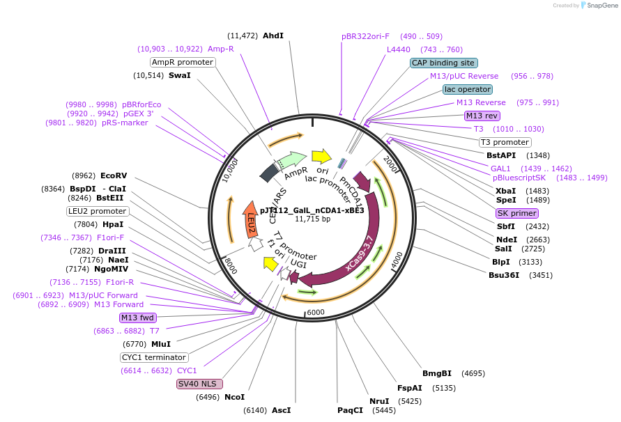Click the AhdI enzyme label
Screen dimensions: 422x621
pyautogui.click(x=273, y=36)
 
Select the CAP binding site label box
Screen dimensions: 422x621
pyautogui.click(x=443, y=63)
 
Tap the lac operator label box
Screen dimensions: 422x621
pyautogui.click(x=467, y=90)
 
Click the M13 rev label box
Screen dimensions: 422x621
pyautogui.click(x=482, y=116)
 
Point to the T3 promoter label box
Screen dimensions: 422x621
pyautogui.click(x=505, y=143)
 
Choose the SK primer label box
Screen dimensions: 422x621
pyautogui.click(x=516, y=213)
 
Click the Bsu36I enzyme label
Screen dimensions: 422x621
pyautogui.click(x=505, y=275)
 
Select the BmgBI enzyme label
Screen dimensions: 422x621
pyautogui.click(x=437, y=373)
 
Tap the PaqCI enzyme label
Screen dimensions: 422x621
pyautogui.click(x=350, y=410)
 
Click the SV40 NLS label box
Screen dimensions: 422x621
pyautogui.click(x=200, y=384)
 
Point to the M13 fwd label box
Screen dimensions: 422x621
pyautogui.click(x=137, y=318)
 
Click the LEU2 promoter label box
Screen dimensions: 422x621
pyautogui.click(x=98, y=211)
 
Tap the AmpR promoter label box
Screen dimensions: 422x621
pyautogui.click(x=183, y=62)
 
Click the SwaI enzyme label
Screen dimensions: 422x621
pyautogui.click(x=179, y=75)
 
